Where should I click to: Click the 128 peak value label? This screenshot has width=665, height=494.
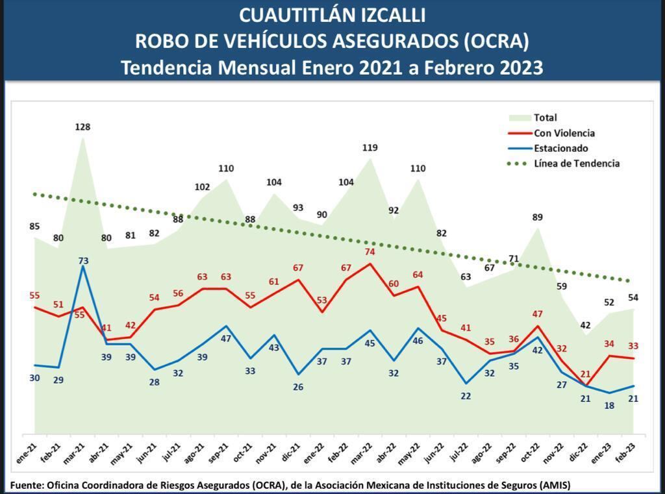pos(82,127)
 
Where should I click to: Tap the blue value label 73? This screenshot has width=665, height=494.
pos(82,261)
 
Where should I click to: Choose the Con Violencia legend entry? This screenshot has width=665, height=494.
pos(564,133)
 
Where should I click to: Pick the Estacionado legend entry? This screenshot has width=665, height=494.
pos(560,148)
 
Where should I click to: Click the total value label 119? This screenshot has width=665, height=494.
pos(369,147)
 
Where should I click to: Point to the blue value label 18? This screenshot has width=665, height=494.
pos(609,405)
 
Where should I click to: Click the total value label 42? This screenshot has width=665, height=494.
pos(585,325)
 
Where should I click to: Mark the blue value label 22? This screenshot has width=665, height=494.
pos(466,396)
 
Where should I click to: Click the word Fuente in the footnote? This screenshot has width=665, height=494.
pos(27,485)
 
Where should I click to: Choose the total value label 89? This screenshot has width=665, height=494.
pos(537,217)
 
